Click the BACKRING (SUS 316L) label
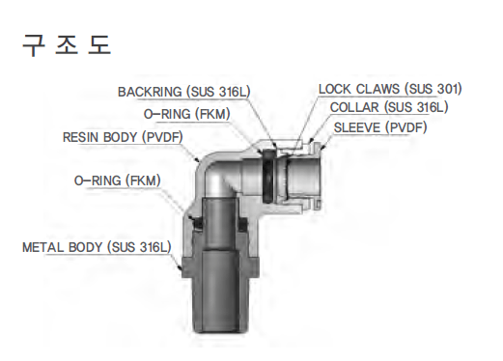click(183, 91)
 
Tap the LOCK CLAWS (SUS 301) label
click(390, 89)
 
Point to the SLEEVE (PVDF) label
click(381, 126)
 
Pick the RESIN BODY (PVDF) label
click(125, 137)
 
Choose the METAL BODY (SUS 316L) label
click(96, 247)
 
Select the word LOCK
click(335, 89)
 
